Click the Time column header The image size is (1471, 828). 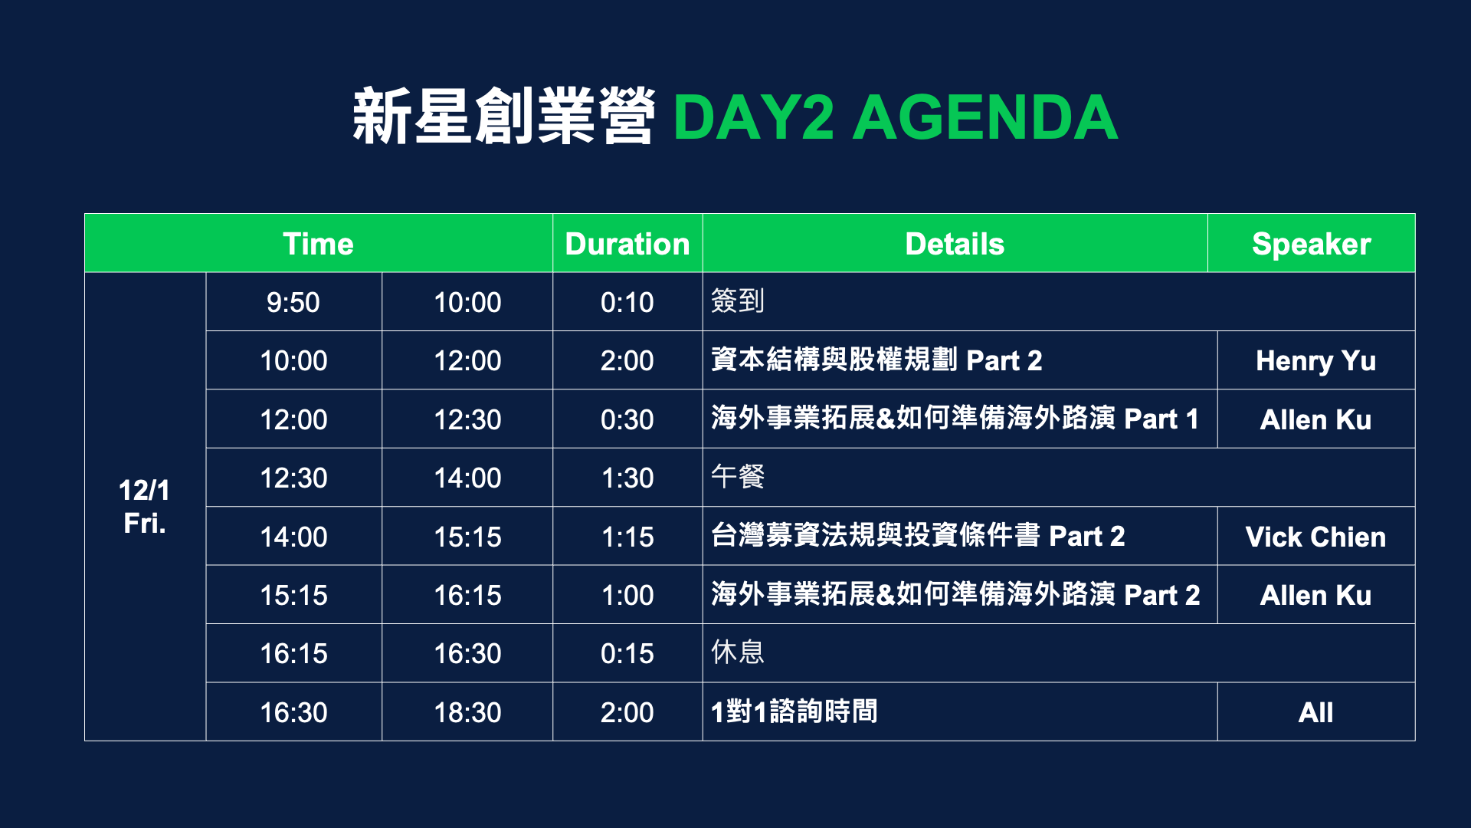(318, 244)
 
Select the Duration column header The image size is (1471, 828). (627, 244)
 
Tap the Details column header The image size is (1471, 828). (955, 244)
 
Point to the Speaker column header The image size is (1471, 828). (1312, 245)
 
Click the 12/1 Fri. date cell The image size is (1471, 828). (144, 507)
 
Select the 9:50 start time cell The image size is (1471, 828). (293, 302)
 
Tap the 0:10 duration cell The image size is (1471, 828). (627, 302)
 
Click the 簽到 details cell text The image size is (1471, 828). (738, 301)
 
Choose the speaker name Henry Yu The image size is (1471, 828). (1315, 361)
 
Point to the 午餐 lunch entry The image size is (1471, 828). (738, 477)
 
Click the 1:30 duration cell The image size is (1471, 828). (627, 478)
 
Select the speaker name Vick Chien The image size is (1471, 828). (1315, 537)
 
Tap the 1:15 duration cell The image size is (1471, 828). (627, 537)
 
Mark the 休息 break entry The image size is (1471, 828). (738, 652)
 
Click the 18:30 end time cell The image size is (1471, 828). (467, 712)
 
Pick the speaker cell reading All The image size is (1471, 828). (1315, 712)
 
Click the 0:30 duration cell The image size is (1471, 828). (627, 419)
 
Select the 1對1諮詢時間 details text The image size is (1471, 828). (794, 711)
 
